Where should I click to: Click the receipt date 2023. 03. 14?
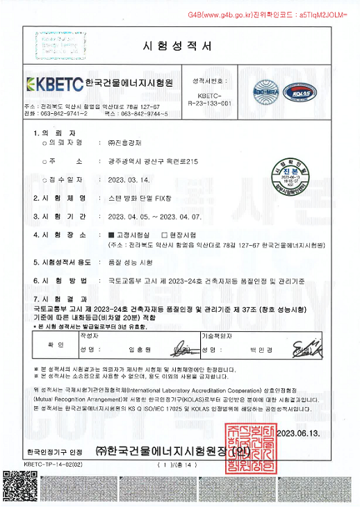(129, 180)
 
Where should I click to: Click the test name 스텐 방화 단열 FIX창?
(138, 198)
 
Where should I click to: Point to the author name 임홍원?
(139, 349)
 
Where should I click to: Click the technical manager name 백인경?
(259, 349)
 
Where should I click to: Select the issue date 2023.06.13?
(298, 433)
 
